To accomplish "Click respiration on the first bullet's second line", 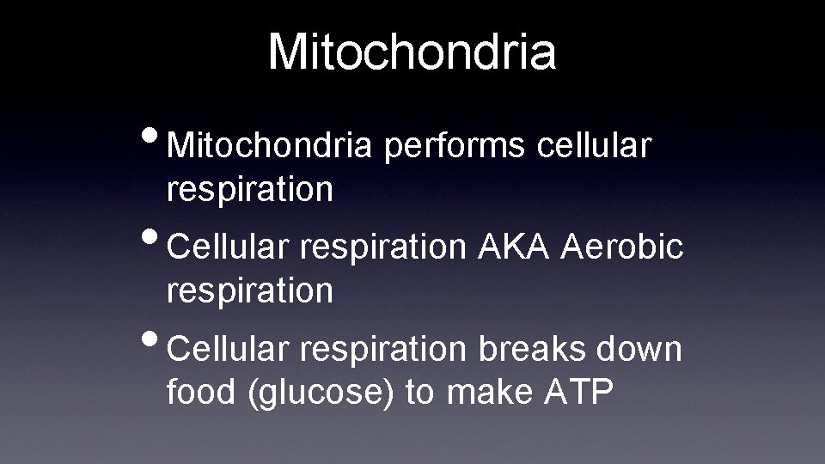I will point(250,190).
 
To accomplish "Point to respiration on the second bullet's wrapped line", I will point(250,291).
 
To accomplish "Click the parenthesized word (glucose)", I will point(321,394).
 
